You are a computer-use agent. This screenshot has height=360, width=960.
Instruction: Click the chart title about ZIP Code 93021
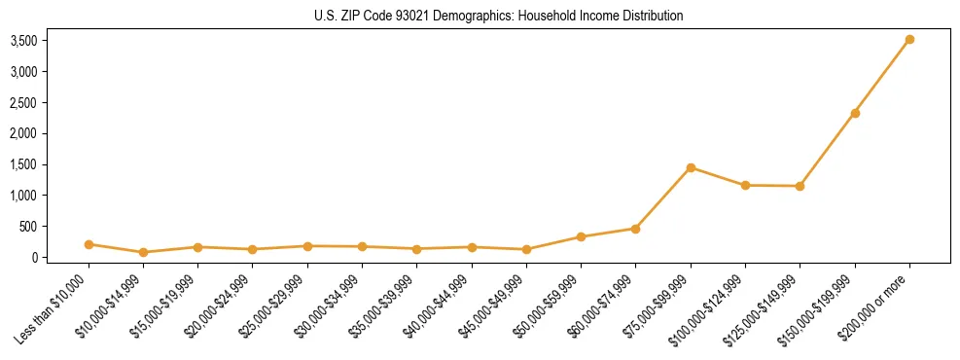(499, 16)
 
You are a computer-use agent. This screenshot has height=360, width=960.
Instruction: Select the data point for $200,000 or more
(909, 40)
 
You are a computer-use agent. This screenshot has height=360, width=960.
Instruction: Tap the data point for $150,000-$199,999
(855, 113)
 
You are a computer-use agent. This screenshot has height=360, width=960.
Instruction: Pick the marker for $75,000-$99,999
(691, 167)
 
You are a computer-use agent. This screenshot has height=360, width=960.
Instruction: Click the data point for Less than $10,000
(89, 244)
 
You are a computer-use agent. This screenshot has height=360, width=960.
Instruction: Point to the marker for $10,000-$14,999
(143, 252)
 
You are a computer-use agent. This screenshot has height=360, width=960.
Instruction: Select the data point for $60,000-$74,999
(635, 229)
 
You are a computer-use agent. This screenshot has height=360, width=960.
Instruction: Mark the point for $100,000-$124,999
(745, 185)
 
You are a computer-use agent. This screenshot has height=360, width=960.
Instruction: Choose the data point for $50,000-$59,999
(581, 236)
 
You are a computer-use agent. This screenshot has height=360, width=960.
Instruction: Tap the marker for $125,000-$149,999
(800, 186)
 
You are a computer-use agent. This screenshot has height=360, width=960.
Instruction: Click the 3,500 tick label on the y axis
(23, 41)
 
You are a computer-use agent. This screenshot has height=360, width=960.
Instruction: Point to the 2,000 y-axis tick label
(23, 133)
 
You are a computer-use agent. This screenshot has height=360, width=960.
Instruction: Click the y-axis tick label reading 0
(33, 258)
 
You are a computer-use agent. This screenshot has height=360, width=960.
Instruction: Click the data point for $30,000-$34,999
(362, 247)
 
